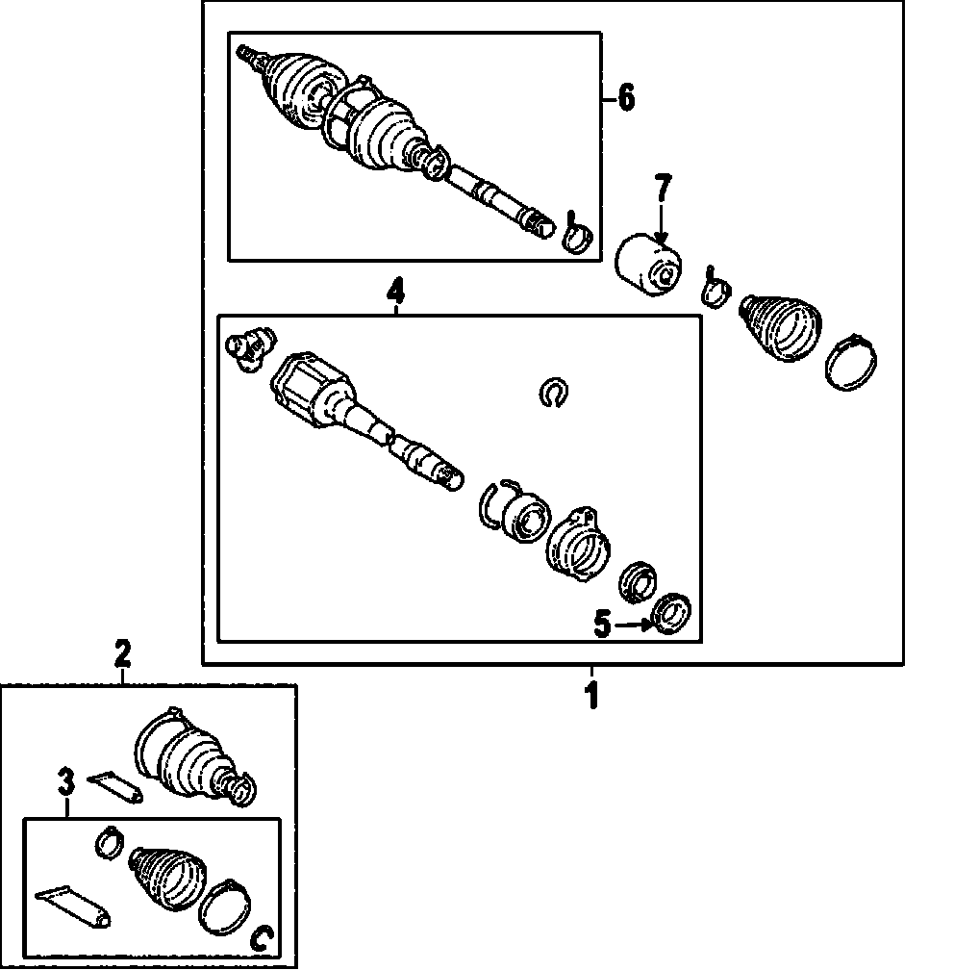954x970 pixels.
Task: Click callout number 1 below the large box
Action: click(x=592, y=694)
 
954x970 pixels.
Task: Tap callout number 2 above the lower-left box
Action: click(x=122, y=655)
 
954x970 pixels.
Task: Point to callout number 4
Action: click(x=395, y=288)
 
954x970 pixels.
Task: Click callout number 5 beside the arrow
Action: click(x=601, y=625)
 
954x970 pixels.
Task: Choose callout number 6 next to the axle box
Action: click(x=625, y=97)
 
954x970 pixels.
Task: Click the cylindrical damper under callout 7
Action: click(x=648, y=265)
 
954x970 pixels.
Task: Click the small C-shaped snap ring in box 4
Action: click(x=553, y=391)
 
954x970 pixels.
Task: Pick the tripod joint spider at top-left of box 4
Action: click(x=248, y=345)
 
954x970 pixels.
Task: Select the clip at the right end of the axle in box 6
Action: click(x=578, y=234)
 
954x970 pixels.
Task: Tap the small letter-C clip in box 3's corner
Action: click(x=260, y=938)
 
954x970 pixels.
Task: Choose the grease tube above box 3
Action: click(x=115, y=785)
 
